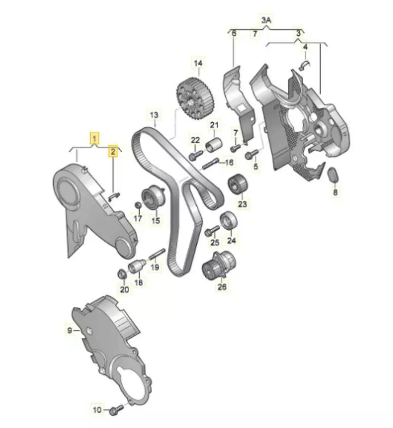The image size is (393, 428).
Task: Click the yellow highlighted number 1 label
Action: point(95,138)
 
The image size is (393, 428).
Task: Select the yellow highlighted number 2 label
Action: point(113,151)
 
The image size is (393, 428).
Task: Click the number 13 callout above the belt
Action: point(154,115)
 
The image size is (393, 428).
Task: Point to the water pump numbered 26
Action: point(219,265)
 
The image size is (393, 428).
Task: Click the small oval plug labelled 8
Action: point(333,175)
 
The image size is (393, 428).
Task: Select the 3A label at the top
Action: point(267,20)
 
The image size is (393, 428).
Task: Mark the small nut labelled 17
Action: point(138,204)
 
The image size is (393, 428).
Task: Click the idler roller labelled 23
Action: point(237,184)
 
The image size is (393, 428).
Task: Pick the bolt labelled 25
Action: point(212,231)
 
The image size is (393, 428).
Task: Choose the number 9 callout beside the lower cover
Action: point(70,331)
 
